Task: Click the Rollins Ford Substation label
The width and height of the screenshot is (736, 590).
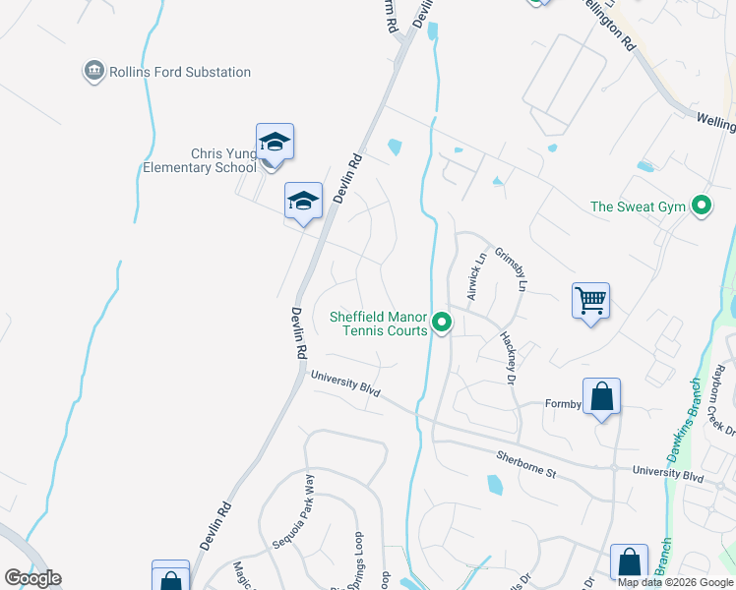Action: (180, 72)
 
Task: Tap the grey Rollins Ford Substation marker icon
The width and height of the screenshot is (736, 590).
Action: (93, 72)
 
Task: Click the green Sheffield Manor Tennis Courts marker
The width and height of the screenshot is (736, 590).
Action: (443, 322)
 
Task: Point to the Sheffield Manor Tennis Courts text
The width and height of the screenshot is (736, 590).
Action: (379, 324)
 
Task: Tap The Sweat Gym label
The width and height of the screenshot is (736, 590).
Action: (638, 206)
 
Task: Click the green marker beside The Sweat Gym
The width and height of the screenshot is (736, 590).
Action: (702, 206)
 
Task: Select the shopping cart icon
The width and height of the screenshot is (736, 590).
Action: (590, 300)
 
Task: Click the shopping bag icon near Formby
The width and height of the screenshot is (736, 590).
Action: (601, 397)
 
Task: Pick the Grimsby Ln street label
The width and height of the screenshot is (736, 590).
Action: (512, 270)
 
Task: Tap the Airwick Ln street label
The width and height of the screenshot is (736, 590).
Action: (476, 276)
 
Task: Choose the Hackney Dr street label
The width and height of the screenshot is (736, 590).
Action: (508, 356)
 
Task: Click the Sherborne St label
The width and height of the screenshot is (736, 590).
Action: (526, 466)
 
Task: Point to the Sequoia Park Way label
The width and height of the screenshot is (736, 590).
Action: (294, 510)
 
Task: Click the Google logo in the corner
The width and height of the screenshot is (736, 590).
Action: (32, 578)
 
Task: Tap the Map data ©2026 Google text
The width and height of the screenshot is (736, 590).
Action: (676, 582)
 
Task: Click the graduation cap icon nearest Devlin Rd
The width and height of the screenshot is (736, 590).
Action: (303, 202)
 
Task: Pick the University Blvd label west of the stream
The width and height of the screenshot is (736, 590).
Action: (345, 383)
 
